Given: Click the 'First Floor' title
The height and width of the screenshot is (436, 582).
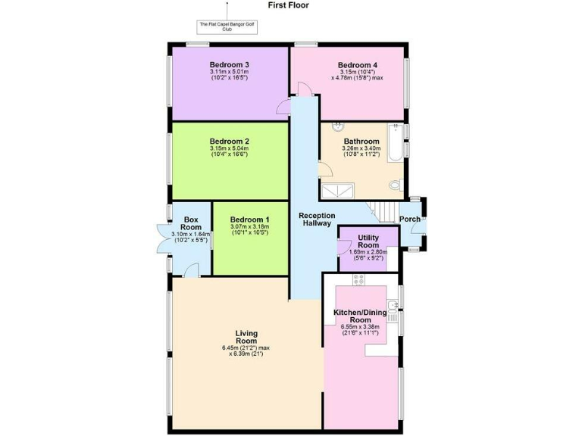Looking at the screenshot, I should coord(288,5).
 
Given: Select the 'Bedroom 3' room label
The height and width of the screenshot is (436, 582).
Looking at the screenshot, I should coord(229,64).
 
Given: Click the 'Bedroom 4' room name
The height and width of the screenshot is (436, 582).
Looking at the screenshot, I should coord(357,64).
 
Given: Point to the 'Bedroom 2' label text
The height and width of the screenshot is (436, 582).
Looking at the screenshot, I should coord(229,142).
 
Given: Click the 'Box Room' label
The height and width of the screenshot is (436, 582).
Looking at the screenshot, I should coord(191,223).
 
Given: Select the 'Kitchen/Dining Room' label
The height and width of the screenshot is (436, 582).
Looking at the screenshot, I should coord(360,316).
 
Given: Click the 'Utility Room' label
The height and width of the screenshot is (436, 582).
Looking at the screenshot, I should coord(368,241).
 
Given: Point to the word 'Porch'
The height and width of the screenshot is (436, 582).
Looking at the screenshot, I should coord(411,220).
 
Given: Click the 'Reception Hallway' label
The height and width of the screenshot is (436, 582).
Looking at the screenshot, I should coord(316,220).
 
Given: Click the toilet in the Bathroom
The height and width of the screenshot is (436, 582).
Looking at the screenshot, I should coord(395,185).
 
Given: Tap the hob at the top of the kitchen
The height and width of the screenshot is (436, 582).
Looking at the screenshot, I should coord(359,279).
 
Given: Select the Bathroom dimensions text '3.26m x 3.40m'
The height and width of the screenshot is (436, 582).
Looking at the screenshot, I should coord(359,149).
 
